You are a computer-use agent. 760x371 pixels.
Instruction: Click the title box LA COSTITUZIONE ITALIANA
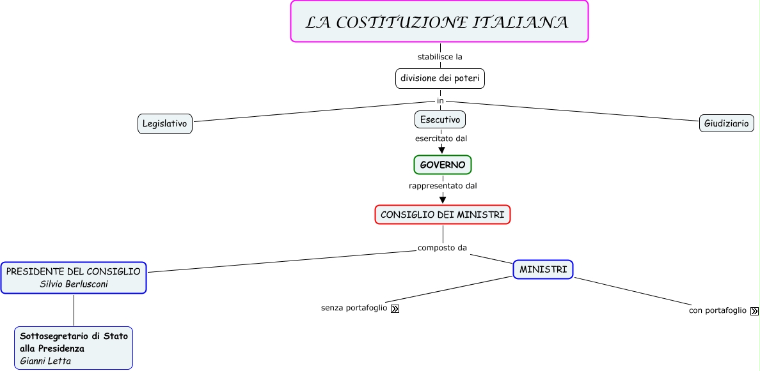click(439, 22)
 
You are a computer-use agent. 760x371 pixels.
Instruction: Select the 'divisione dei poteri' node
click(440, 79)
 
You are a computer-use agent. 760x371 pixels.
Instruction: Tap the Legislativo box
click(165, 123)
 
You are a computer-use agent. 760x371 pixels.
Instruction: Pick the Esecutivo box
click(440, 119)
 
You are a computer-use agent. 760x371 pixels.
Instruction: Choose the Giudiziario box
click(726, 123)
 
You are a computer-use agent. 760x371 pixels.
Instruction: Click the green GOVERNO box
click(443, 165)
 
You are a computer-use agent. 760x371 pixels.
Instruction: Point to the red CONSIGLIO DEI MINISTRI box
click(443, 215)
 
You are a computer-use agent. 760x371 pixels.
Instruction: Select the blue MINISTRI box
click(543, 269)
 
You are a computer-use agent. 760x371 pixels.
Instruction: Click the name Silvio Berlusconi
click(74, 284)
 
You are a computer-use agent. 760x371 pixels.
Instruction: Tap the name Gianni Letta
click(45, 361)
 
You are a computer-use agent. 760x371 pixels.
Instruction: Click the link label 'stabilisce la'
click(440, 57)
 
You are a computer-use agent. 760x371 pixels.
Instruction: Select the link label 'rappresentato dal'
click(443, 186)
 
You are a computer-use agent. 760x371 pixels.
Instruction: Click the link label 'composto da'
click(442, 248)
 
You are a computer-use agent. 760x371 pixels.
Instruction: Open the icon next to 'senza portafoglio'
click(395, 309)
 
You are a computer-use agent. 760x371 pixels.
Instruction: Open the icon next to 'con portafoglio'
click(754, 311)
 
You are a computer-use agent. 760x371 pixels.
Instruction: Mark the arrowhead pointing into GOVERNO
click(441, 150)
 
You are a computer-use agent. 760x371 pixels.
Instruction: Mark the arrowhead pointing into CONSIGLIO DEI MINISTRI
click(443, 200)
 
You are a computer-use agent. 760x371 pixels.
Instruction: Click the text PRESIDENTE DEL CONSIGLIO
click(74, 271)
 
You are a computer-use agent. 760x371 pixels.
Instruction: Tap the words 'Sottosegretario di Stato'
click(74, 335)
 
